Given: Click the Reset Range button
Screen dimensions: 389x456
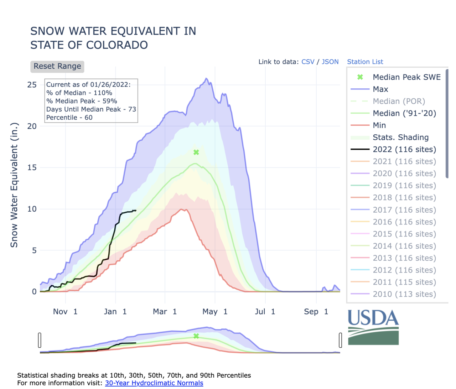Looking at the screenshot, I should [57, 66].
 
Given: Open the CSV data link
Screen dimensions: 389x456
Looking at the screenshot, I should [308, 62].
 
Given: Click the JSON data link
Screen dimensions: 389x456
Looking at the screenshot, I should [330, 62].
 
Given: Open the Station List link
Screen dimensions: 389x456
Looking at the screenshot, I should [365, 62].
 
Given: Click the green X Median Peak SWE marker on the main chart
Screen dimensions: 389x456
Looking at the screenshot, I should [196, 152].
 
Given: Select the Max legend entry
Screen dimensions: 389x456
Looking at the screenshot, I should [380, 89].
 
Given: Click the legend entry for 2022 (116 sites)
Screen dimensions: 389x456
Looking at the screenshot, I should [404, 150].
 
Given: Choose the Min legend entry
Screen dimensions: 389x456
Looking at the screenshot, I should [379, 125].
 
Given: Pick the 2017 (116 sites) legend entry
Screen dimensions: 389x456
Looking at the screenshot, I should [404, 210].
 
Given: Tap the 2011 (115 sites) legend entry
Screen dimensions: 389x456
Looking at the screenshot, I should [404, 282].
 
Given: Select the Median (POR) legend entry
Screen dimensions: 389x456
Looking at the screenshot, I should [399, 102].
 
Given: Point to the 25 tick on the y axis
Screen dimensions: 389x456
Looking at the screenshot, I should [32, 85].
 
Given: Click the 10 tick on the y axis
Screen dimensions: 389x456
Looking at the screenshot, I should [32, 209].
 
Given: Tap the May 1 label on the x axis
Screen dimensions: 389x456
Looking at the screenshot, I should [214, 312].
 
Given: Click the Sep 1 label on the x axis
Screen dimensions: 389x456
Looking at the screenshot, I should [316, 312].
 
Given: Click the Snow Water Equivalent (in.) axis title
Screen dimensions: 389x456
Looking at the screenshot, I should [14, 185].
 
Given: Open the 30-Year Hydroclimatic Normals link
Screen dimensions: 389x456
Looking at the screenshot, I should [154, 383].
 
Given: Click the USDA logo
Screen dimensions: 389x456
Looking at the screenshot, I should [373, 327].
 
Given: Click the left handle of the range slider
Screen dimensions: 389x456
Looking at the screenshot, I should [40, 340].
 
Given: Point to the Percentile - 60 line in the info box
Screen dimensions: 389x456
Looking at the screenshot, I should [69, 118].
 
